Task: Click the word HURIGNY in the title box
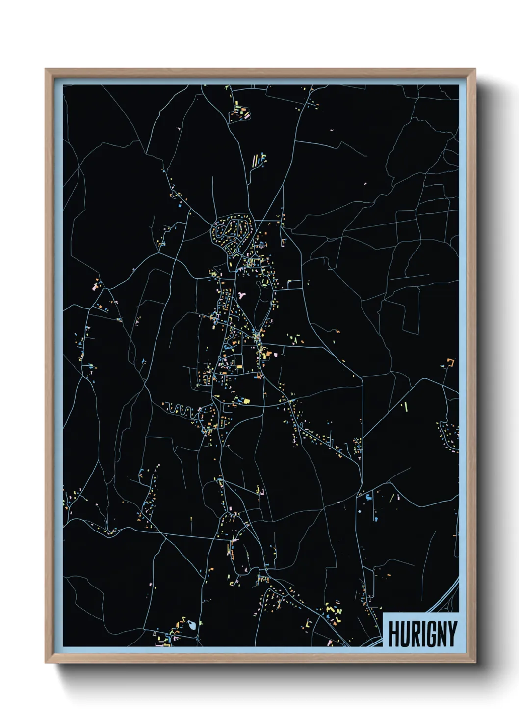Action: [422, 634]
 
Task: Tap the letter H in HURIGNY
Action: [394, 634]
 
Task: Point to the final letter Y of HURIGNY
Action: [452, 634]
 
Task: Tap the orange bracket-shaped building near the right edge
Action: [450, 363]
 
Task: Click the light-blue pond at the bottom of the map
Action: [192, 625]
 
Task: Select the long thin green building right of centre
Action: [406, 406]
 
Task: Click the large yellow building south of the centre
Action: [246, 401]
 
